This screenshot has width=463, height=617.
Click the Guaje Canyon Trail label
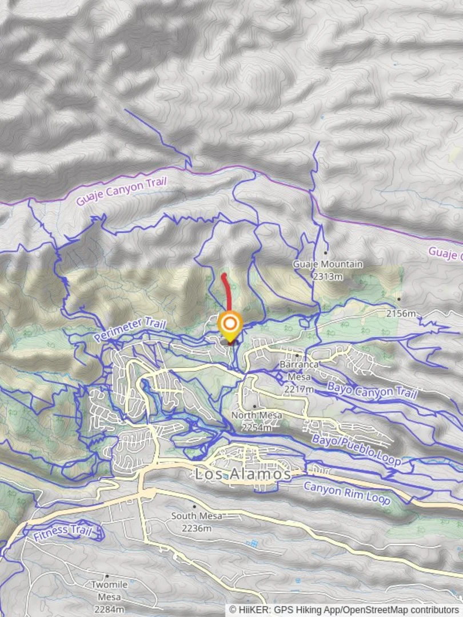click(121, 191)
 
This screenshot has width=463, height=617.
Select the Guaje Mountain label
click(328, 265)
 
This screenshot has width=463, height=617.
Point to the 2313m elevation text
click(328, 276)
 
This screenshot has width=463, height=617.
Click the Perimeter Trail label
click(130, 330)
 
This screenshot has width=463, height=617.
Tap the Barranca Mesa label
click(298, 370)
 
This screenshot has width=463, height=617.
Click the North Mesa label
click(257, 415)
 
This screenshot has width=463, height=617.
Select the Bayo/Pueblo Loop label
click(356, 449)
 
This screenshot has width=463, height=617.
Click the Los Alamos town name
click(243, 474)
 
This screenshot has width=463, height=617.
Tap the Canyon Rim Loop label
click(346, 492)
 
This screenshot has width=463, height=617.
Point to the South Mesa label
click(196, 516)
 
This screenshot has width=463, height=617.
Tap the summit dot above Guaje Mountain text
click(325, 252)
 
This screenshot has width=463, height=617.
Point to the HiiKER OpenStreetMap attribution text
click(345, 610)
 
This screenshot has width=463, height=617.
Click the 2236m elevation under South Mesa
click(196, 528)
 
